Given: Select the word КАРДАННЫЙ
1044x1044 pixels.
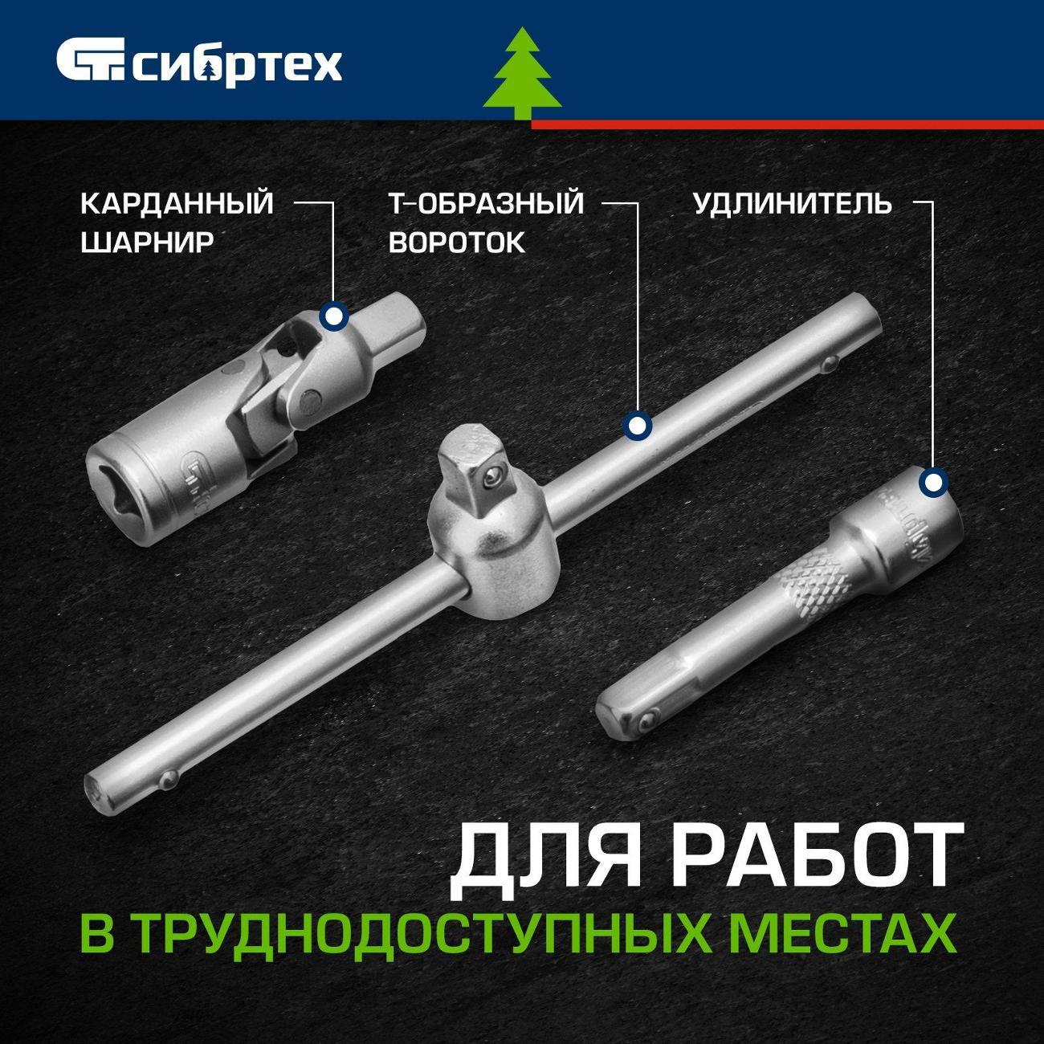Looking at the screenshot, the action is pyautogui.click(x=177, y=204).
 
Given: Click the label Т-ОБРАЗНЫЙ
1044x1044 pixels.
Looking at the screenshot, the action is pyautogui.click(x=486, y=204).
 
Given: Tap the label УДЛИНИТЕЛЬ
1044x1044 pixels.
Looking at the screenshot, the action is pyautogui.click(x=793, y=204).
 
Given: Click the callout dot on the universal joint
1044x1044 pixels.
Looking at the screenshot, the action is pyautogui.click(x=334, y=316).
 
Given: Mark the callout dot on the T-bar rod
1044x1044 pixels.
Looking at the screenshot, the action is pyautogui.click(x=637, y=426).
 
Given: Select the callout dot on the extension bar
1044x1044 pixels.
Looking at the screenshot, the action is pyautogui.click(x=933, y=482).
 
